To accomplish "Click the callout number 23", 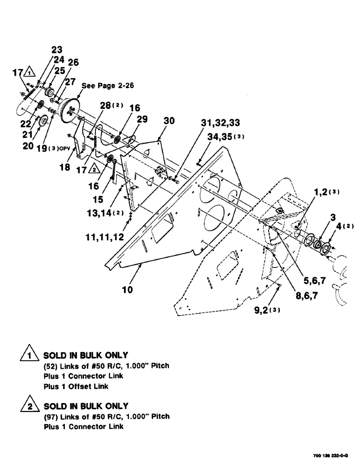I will tap(56, 49).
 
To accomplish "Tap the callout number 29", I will tap(142, 119).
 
